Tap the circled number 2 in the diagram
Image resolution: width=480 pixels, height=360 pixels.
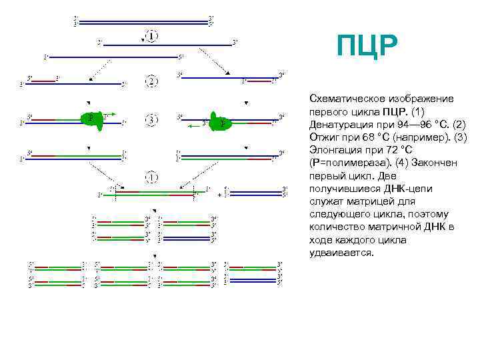tap(152, 81)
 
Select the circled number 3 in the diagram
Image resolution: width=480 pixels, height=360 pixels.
tap(152, 120)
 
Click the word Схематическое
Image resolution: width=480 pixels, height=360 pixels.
tap(347, 99)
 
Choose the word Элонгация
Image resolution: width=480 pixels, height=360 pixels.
tap(337, 150)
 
